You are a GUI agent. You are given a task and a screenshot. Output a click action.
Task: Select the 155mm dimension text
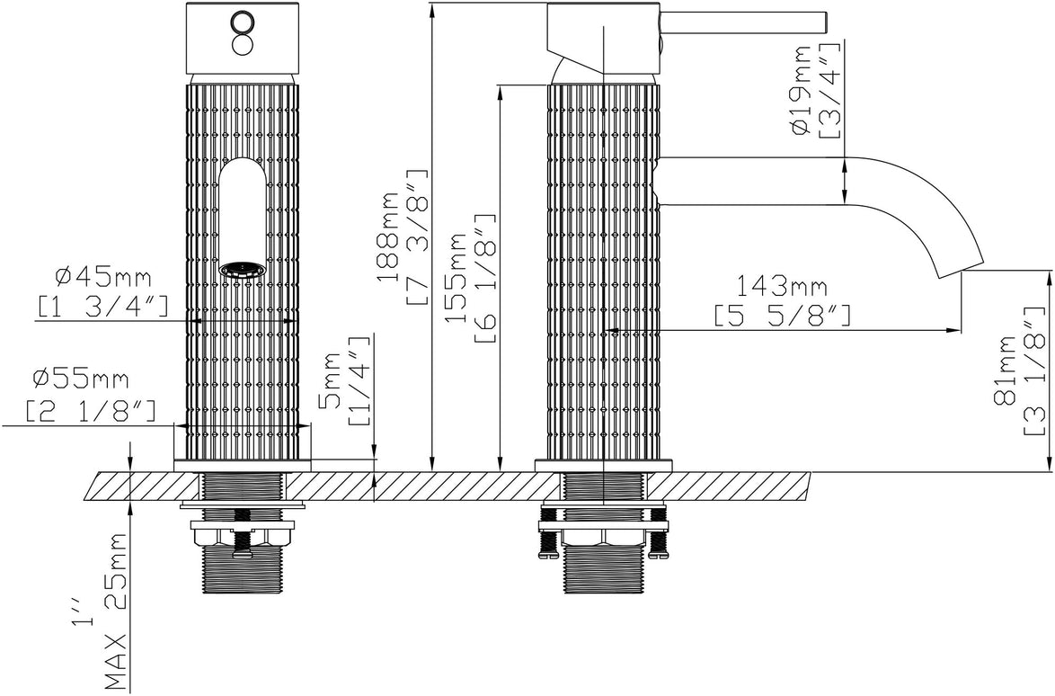(459, 280)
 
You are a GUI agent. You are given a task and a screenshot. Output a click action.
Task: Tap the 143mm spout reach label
(781, 288)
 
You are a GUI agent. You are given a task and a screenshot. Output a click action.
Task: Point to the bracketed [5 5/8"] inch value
(781, 316)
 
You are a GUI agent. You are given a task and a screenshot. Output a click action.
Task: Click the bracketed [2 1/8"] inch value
(90, 410)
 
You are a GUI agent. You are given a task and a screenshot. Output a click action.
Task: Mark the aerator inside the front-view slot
(242, 269)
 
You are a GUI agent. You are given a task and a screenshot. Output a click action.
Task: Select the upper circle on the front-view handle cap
(242, 21)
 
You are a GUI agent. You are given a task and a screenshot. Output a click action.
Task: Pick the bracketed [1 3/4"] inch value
(103, 307)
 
